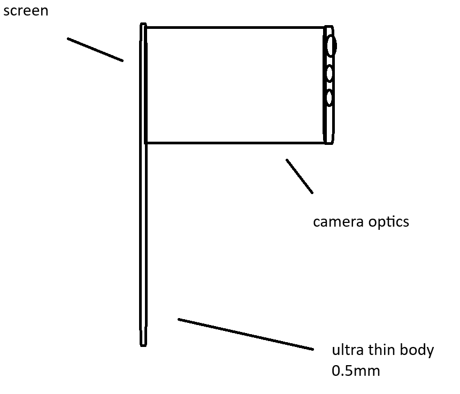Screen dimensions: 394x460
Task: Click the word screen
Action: (26, 11)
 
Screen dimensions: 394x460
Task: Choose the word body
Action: (419, 351)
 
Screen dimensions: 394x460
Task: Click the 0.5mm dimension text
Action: (356, 370)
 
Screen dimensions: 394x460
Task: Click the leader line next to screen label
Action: (95, 50)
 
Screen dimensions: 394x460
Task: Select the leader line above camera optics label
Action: (300, 176)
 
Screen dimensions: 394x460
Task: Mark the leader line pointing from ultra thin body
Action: (246, 335)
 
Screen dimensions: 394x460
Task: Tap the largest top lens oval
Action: (331, 45)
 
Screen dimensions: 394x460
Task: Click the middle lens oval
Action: (329, 73)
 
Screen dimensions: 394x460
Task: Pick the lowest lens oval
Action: (329, 97)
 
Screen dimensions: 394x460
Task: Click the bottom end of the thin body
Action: (143, 344)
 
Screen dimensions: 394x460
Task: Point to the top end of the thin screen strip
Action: (143, 25)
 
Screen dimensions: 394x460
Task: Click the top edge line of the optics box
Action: (235, 27)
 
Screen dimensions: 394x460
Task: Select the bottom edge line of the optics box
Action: (235, 143)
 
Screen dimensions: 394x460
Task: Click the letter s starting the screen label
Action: (6, 11)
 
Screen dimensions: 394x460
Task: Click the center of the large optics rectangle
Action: (235, 85)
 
